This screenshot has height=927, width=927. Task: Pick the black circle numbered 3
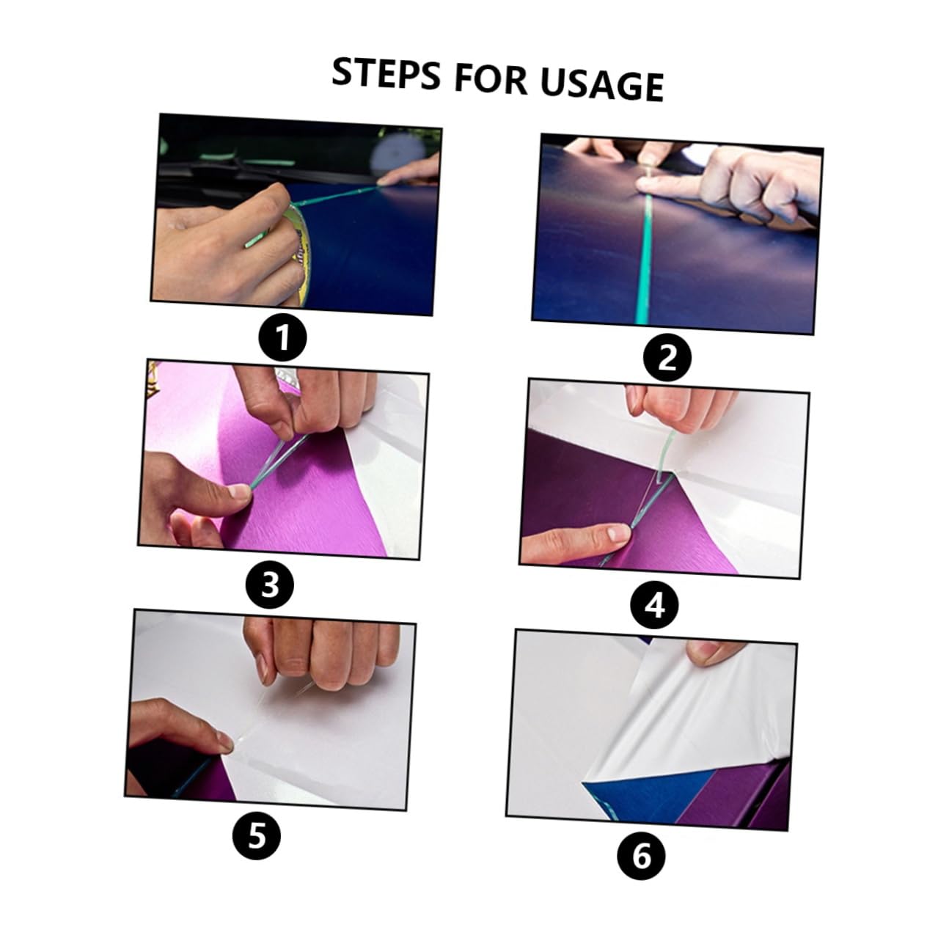pos(270,585)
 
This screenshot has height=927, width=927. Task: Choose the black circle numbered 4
pos(655,605)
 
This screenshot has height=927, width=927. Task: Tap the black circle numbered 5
pos(256,835)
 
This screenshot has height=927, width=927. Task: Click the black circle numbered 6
pos(641,855)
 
